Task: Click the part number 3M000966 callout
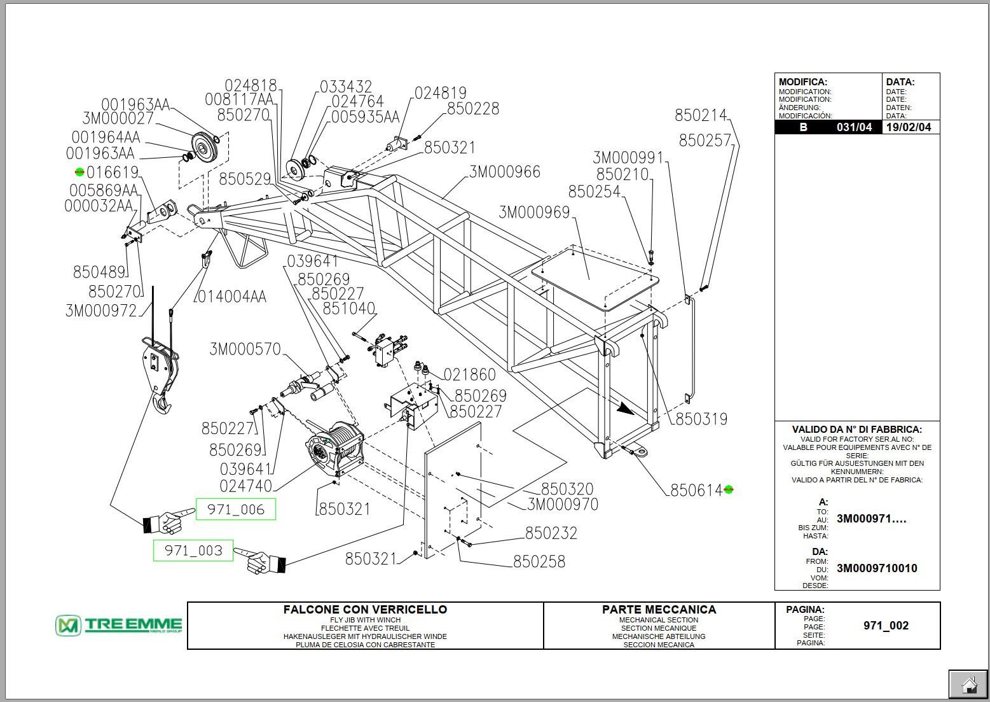(505, 172)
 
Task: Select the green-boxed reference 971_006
(235, 509)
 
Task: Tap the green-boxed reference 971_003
(193, 551)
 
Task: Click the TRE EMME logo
(119, 626)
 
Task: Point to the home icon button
(968, 685)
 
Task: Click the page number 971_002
(886, 626)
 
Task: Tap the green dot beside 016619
(79, 172)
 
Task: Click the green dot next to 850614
(729, 489)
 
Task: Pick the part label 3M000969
(534, 212)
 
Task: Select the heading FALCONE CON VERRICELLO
(365, 609)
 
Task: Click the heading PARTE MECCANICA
(659, 609)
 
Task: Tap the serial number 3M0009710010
(877, 568)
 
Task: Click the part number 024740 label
(245, 486)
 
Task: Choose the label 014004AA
(231, 297)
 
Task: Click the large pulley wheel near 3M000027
(205, 150)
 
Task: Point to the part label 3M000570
(245, 349)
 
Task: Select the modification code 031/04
(854, 127)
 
